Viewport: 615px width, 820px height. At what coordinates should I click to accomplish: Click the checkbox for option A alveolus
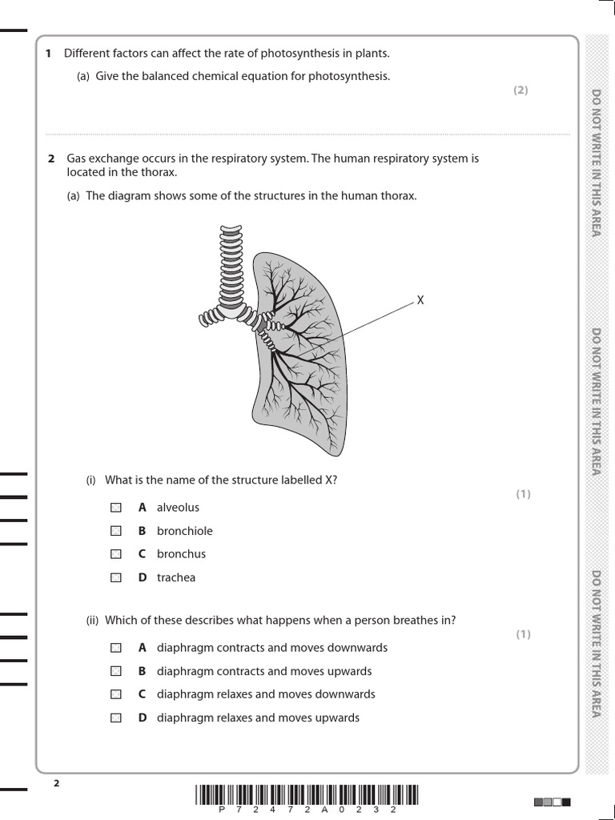(116, 508)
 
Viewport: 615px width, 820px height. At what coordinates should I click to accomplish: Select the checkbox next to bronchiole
(116, 531)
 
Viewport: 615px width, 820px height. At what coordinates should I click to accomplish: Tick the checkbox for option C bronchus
(116, 554)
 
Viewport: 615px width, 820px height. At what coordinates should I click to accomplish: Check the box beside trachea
(116, 577)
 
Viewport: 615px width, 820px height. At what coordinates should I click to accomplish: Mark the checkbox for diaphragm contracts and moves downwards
(116, 648)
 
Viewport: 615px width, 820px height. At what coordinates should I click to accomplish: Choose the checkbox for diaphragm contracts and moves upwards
(116, 671)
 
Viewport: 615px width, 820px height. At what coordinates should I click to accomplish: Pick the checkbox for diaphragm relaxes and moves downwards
(116, 694)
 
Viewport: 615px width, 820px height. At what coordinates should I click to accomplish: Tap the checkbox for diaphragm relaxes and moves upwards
(116, 718)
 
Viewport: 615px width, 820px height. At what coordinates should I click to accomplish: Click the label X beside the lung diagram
(420, 300)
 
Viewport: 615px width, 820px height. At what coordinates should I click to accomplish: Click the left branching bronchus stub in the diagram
(211, 317)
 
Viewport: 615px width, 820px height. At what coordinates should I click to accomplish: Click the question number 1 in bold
(48, 54)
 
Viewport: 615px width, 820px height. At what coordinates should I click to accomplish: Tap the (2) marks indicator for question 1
(521, 90)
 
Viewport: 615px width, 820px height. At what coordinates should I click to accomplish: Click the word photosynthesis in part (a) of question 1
(356, 77)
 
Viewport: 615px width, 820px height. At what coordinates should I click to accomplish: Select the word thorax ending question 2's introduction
(161, 172)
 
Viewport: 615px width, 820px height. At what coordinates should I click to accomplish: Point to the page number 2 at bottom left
(56, 783)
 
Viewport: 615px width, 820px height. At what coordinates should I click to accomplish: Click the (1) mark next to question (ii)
(523, 634)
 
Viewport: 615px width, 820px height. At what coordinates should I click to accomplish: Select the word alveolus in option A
(178, 508)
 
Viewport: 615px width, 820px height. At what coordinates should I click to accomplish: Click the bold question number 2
(50, 159)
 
